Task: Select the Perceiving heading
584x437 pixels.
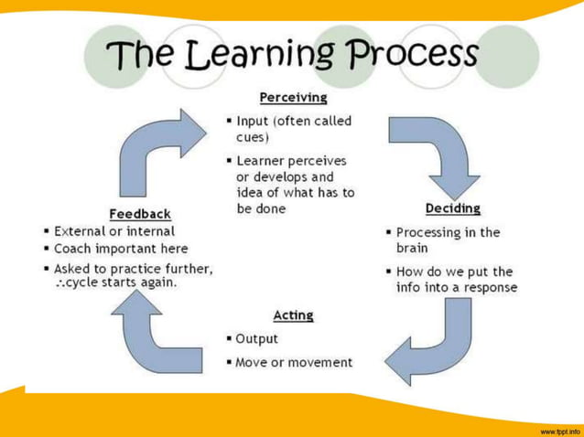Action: tap(293, 97)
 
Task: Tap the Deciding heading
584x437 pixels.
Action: tap(452, 208)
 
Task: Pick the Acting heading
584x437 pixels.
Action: tap(293, 315)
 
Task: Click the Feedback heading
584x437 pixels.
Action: tap(140, 214)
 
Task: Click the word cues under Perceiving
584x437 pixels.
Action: tap(252, 137)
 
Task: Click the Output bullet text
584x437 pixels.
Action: tap(257, 339)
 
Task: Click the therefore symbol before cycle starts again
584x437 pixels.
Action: tap(61, 282)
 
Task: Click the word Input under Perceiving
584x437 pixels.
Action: tap(253, 121)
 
